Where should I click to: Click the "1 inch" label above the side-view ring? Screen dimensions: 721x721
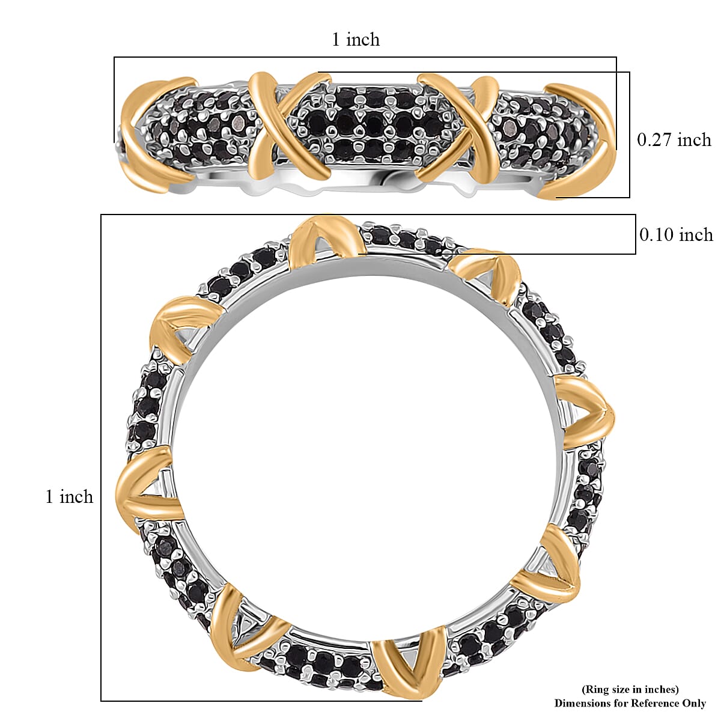[356, 40]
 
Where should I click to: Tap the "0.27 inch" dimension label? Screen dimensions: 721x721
[674, 139]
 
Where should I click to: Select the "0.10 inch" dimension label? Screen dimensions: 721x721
[676, 234]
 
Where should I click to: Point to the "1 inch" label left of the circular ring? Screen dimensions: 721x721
[70, 496]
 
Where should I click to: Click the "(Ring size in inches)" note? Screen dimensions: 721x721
[630, 689]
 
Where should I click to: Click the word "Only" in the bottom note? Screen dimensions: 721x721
[693, 703]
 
